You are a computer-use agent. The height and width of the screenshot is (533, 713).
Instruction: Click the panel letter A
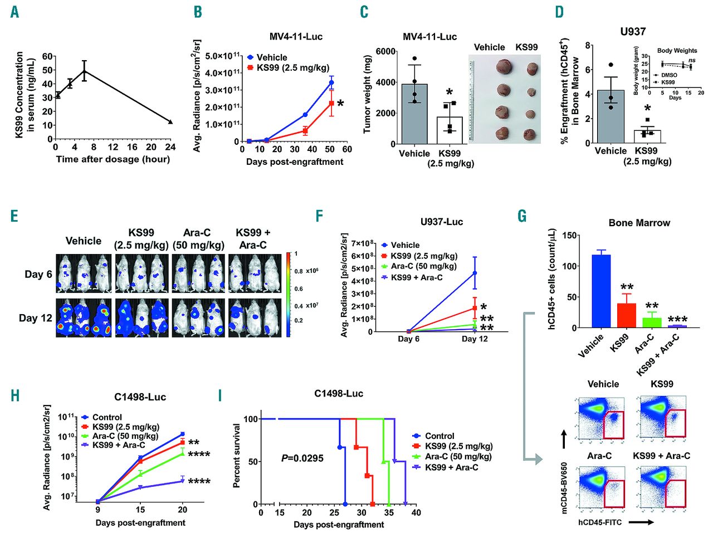click(14, 12)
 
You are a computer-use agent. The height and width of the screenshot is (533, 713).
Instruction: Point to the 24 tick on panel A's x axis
click(170, 147)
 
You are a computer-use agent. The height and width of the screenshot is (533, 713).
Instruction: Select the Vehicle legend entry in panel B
click(271, 57)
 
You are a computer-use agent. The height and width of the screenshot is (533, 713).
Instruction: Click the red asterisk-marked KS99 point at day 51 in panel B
click(331, 104)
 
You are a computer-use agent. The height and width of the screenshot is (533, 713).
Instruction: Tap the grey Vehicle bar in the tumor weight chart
click(414, 114)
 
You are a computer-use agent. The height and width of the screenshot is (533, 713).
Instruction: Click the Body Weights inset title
click(677, 51)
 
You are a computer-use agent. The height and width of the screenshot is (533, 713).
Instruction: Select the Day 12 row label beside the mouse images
click(36, 318)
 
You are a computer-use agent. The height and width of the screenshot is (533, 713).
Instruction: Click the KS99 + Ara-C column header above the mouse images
click(252, 238)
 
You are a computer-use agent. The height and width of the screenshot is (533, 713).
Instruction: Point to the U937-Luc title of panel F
click(441, 222)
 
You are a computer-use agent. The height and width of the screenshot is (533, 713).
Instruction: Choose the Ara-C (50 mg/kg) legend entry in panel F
click(423, 266)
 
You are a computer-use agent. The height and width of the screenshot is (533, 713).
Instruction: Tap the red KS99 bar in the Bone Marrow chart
click(627, 315)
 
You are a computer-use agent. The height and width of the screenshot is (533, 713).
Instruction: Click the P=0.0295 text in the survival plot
click(302, 458)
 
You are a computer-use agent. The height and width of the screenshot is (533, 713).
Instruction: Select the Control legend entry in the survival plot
click(439, 436)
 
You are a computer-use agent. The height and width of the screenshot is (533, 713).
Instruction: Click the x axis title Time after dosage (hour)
click(113, 159)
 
